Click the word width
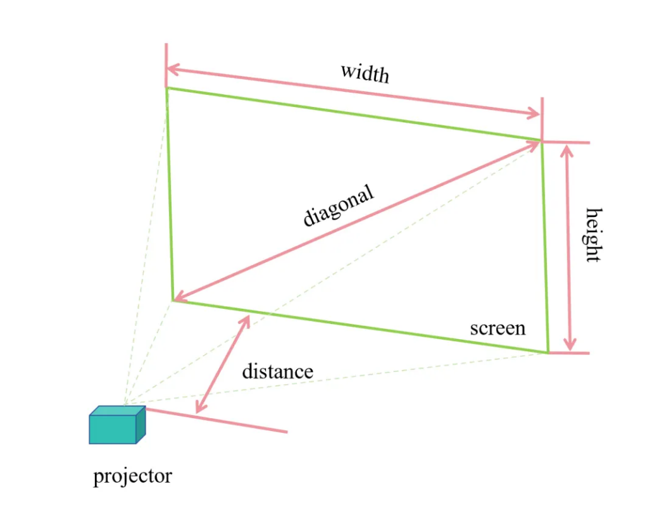[365, 73]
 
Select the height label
[592, 235]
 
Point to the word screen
[497, 328]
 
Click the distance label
[277, 371]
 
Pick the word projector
[132, 475]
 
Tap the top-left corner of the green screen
[167, 88]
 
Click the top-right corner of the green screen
[542, 140]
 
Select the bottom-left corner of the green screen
[172, 300]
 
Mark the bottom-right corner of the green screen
[548, 352]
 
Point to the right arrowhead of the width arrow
[535, 115]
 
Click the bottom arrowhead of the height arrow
[570, 347]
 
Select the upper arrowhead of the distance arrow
[246, 318]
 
